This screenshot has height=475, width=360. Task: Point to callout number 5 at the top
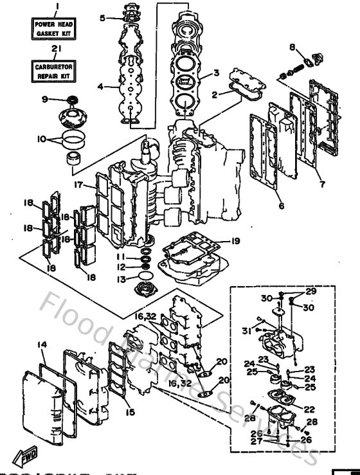click(x=102, y=18)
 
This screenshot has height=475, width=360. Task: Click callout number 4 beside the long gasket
click(x=100, y=86)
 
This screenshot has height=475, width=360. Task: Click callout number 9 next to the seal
click(x=44, y=99)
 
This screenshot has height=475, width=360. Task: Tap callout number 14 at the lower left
click(x=41, y=345)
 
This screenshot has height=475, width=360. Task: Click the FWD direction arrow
click(x=29, y=457)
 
